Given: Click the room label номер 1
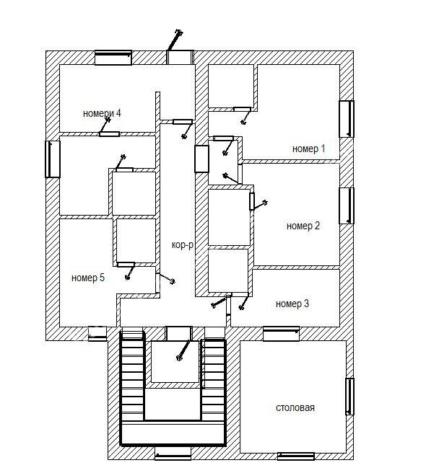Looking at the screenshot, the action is tap(308, 149).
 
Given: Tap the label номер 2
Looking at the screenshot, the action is tap(303, 226).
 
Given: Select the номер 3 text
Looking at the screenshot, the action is tap(292, 304).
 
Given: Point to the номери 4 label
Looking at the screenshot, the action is tap(102, 113).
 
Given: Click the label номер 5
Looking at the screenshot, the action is tap(88, 278).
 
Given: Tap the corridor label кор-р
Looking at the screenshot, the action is tap(183, 244).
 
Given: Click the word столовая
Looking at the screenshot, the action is tap(295, 407).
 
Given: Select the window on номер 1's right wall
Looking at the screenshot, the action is tap(347, 119).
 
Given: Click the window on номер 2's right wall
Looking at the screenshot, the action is tap(347, 205).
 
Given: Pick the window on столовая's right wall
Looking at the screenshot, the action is tap(349, 397).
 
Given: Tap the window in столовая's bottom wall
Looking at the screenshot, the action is tap(296, 456).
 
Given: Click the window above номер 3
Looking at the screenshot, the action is tap(281, 334).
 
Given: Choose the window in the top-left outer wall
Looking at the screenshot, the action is tap(113, 58).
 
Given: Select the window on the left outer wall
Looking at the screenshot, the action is tap(53, 159).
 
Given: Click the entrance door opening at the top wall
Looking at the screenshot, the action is tap(180, 57).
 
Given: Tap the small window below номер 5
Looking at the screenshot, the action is tap(97, 333).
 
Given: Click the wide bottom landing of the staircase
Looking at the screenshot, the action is tap(173, 433).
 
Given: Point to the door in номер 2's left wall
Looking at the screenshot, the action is tap(252, 201).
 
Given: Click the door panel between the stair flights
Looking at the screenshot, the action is tap(179, 334).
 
